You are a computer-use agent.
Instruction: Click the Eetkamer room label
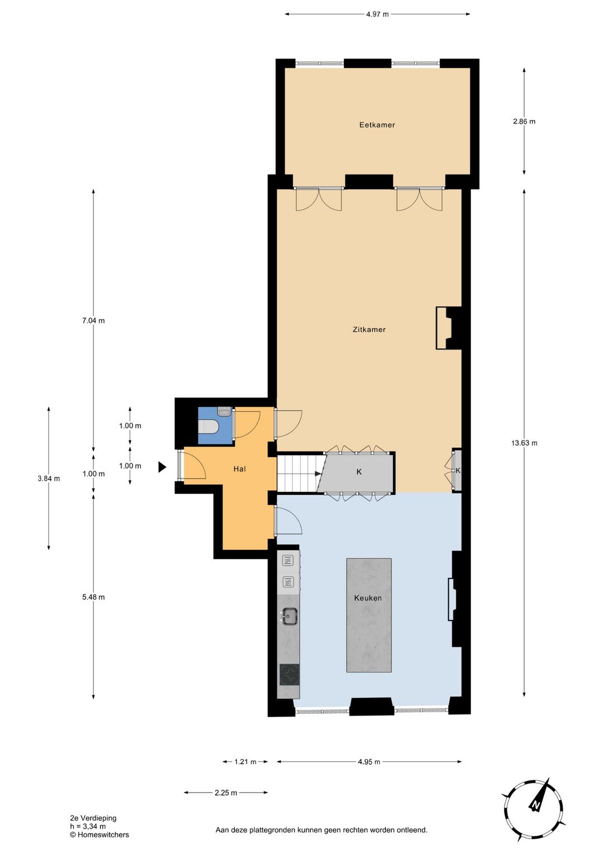(x=377, y=125)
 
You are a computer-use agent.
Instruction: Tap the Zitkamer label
(x=369, y=329)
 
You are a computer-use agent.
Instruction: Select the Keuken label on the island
(x=368, y=598)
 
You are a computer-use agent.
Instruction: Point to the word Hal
(x=239, y=469)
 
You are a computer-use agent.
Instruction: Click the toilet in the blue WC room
(x=209, y=427)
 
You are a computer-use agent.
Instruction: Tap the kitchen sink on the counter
(x=289, y=616)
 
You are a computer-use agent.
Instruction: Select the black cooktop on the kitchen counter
(x=289, y=674)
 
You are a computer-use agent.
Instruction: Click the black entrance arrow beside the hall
(x=162, y=467)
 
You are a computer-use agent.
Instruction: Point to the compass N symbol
(x=535, y=805)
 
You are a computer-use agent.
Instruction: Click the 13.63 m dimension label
(x=524, y=443)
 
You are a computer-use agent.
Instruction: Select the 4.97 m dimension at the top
(x=377, y=14)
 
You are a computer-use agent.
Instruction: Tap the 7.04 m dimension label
(x=93, y=320)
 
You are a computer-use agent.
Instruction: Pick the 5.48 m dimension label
(x=93, y=597)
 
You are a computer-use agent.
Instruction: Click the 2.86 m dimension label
(x=524, y=121)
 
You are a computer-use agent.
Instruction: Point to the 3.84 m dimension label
(x=49, y=478)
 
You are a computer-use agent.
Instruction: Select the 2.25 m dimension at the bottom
(x=226, y=793)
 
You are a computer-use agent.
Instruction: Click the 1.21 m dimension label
(x=246, y=761)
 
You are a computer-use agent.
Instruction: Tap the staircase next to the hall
(x=299, y=473)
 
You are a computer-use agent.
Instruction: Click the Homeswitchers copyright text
(x=100, y=835)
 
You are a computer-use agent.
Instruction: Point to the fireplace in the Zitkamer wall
(x=448, y=328)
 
